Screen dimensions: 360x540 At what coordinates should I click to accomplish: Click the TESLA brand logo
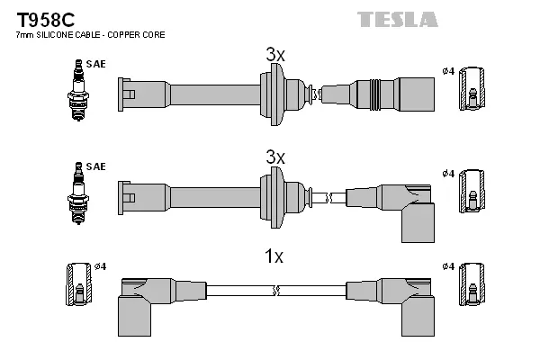397,18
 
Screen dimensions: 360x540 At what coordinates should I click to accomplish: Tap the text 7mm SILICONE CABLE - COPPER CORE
90,34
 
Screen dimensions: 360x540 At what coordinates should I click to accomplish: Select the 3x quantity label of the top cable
275,55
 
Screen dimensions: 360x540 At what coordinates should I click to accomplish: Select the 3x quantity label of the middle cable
275,157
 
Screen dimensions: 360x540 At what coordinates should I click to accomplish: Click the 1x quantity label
274,256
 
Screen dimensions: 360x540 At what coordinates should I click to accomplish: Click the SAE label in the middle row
96,167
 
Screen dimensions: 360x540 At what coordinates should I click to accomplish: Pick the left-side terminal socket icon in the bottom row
77,286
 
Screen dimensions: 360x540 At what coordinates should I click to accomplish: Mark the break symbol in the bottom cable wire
275,290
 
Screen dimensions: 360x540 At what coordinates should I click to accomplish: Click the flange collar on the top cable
270,92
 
